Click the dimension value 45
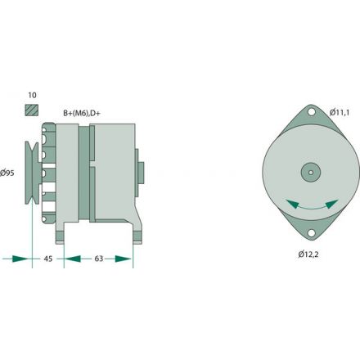[x=48, y=259]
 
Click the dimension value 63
[x=98, y=259]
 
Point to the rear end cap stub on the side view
[x=141, y=173]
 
